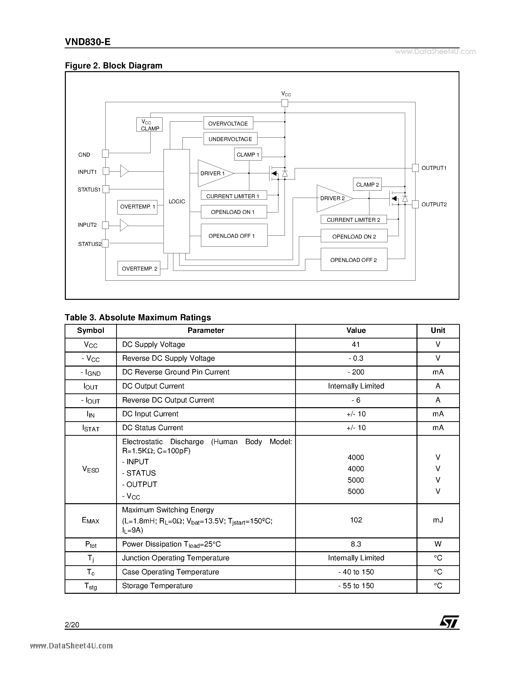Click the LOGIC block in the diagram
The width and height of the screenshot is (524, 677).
(x=176, y=201)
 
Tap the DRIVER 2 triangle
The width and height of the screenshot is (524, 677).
(x=332, y=198)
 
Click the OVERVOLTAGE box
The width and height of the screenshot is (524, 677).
(x=228, y=123)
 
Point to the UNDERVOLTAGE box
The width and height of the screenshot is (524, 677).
(x=230, y=139)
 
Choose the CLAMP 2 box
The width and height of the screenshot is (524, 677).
(x=367, y=184)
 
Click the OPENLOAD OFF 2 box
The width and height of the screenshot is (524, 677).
(x=354, y=260)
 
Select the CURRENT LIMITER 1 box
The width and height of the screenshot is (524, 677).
(x=234, y=196)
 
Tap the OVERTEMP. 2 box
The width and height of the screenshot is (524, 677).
(x=139, y=268)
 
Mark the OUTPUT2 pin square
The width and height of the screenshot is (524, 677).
(x=415, y=204)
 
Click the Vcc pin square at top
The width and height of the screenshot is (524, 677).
(x=284, y=103)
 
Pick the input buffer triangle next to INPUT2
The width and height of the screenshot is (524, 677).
(x=124, y=225)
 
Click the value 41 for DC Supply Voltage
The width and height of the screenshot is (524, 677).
(x=356, y=344)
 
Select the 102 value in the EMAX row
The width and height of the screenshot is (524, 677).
(x=356, y=520)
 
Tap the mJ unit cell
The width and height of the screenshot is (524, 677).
(x=438, y=520)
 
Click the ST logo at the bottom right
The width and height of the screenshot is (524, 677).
(x=449, y=622)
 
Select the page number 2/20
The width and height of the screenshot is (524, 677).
(x=72, y=625)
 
